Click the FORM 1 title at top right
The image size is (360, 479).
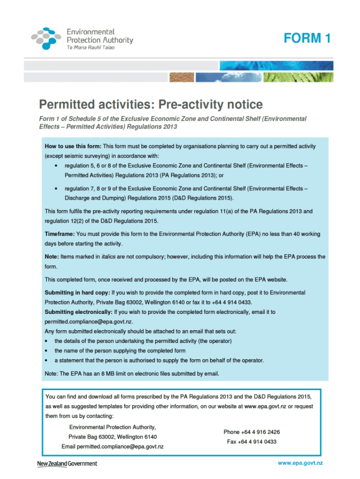307,38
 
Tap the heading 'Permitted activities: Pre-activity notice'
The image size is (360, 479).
151,104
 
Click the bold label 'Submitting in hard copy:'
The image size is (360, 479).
77,292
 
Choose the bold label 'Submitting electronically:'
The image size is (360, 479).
79,312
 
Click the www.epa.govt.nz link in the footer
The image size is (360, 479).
300,463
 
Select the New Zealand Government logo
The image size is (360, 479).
67,464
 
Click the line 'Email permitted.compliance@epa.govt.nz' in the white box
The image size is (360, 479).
113,447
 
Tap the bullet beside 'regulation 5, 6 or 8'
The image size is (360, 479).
56,166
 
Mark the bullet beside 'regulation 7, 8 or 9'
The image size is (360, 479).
56,188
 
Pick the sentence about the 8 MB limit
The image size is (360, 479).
132,373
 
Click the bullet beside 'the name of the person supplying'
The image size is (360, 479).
47,350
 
